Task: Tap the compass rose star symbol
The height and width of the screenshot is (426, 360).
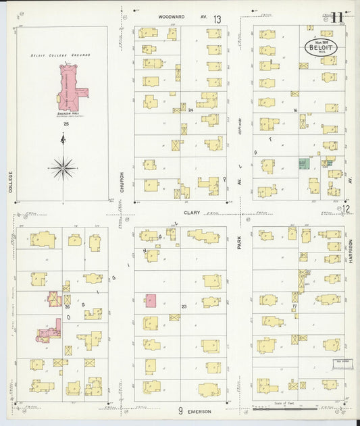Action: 63,165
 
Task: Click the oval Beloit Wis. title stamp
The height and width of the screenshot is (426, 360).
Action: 319,49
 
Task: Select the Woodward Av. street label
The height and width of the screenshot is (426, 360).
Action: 177,18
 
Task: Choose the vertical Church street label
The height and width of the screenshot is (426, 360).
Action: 122,181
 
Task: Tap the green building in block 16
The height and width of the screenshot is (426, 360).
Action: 303,163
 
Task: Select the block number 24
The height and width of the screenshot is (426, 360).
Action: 190,109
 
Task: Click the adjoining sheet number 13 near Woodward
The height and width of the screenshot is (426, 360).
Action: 217,20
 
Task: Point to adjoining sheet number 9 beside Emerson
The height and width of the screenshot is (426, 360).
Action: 181,411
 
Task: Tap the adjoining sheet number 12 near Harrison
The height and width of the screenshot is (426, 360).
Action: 346,209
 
